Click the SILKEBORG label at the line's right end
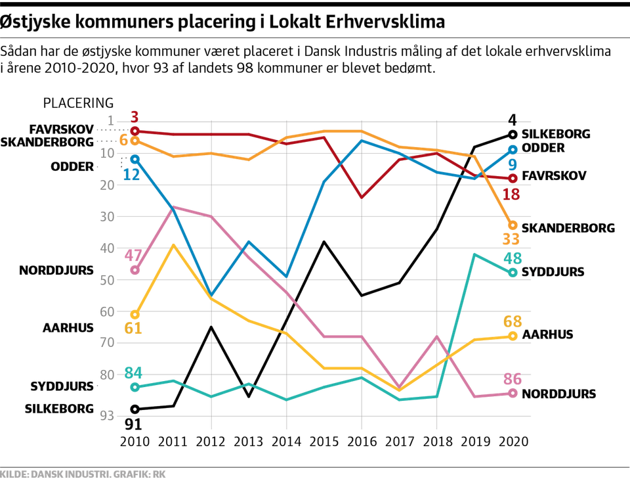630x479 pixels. click(556, 134)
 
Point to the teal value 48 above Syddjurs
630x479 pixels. click(513, 258)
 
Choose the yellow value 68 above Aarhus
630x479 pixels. click(513, 321)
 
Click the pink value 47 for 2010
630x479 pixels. click(135, 256)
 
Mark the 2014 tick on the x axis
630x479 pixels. click(286, 441)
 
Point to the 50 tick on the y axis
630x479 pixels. click(106, 280)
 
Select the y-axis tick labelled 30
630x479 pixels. click(106, 216)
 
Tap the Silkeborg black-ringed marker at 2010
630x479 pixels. click(135, 409)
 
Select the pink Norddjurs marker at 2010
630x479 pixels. click(135, 270)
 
